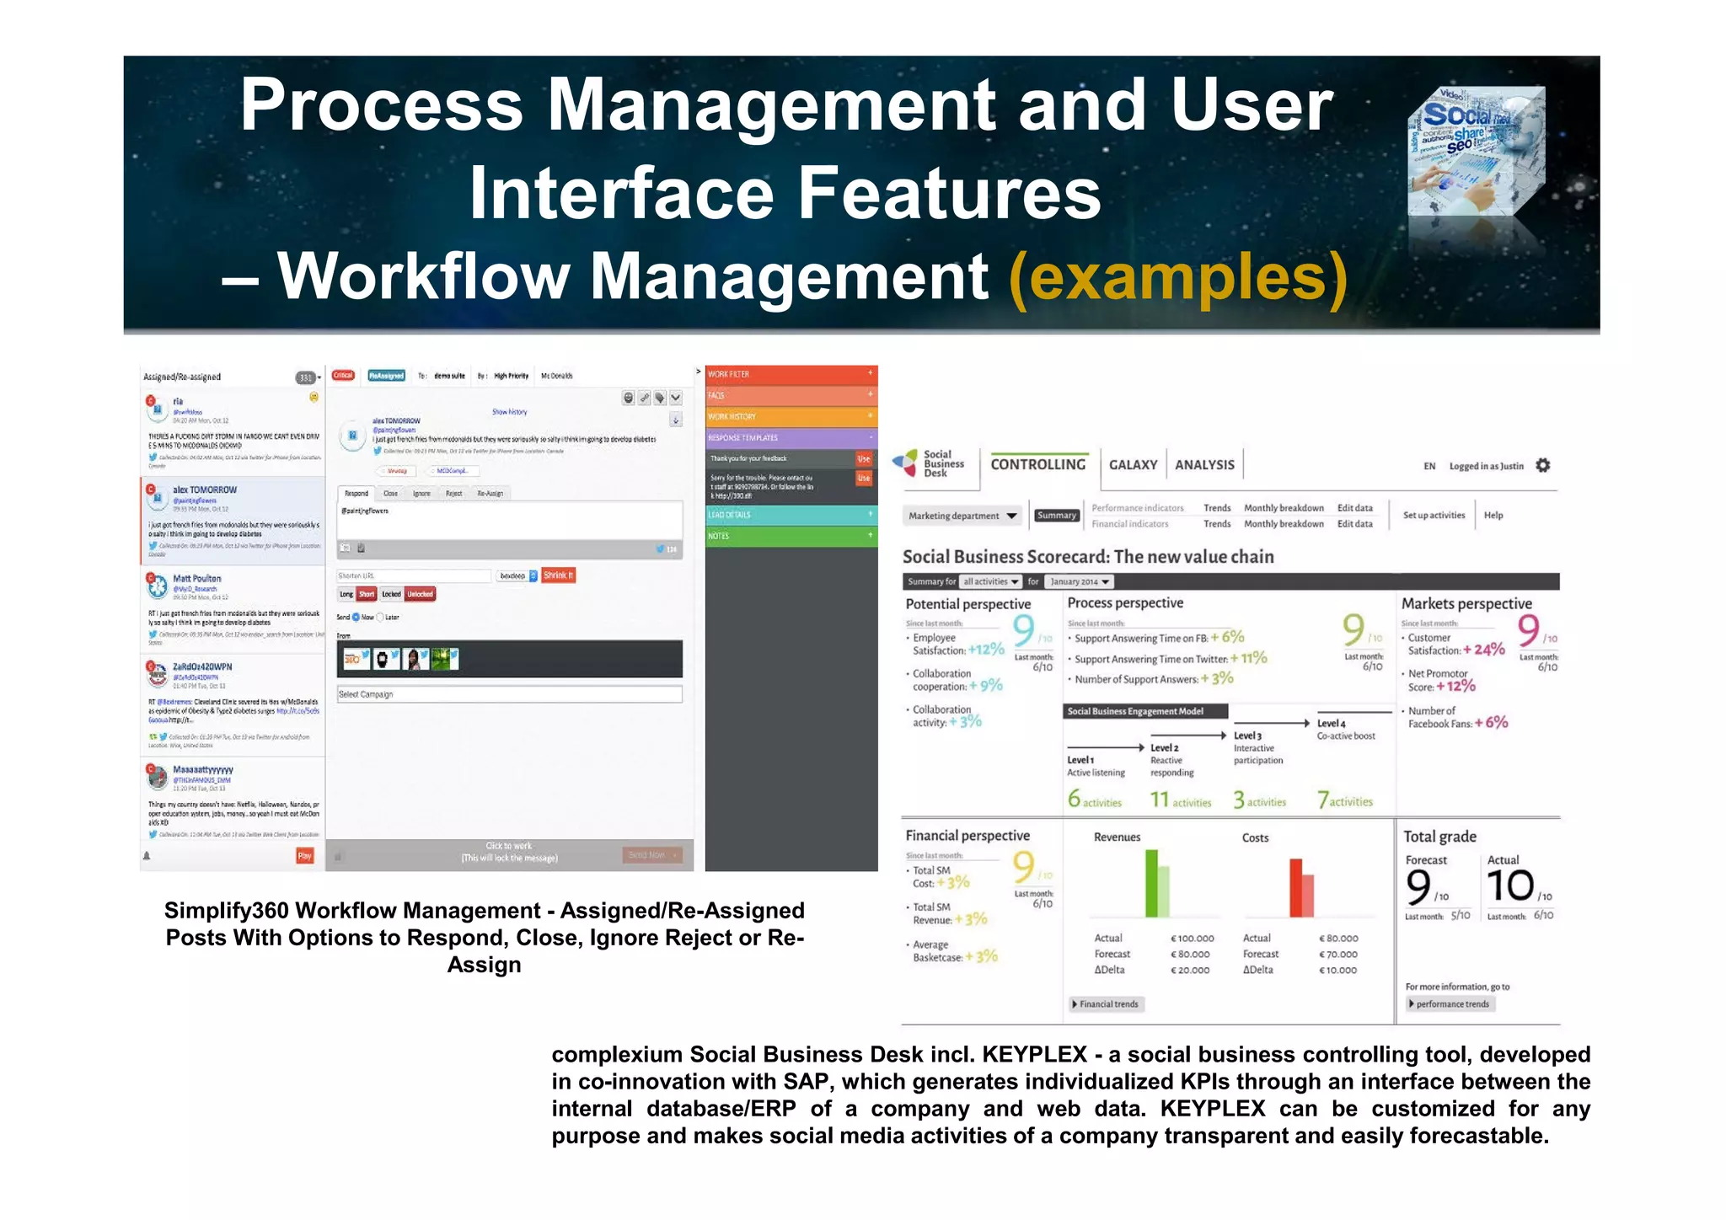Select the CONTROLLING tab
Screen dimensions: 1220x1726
point(1037,464)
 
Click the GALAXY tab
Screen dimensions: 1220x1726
point(1132,465)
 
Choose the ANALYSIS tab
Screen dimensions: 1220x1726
point(1203,465)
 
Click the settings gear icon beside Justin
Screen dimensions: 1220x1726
point(1542,465)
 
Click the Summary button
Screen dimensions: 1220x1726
point(1056,516)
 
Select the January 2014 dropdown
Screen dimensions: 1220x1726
point(1079,581)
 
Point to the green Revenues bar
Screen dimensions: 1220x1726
point(1151,883)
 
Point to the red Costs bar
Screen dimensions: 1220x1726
point(1296,888)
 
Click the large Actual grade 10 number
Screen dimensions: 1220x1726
point(1509,886)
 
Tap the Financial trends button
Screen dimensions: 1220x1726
point(1106,1004)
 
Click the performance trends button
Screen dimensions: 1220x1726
point(1450,1004)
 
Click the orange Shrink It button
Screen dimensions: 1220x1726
point(558,575)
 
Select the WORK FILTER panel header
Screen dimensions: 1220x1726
point(791,374)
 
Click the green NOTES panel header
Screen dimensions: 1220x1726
point(791,536)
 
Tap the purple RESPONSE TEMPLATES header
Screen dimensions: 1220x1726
point(791,438)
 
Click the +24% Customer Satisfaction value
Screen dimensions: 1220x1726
point(1483,650)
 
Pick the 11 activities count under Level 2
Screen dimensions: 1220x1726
point(1180,800)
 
